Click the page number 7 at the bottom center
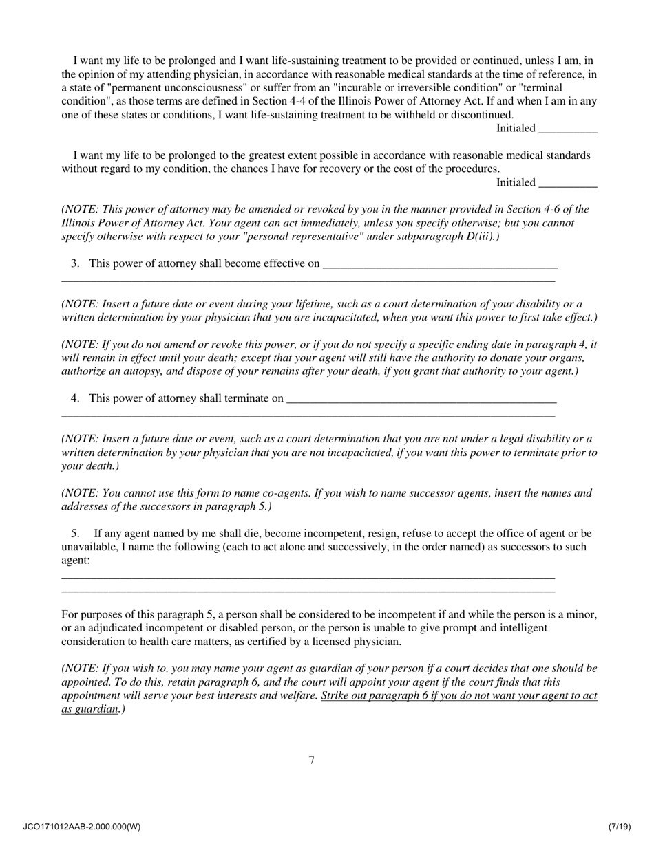click(312, 760)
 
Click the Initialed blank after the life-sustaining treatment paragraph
click(567, 129)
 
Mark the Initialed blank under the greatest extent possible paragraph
click(567, 183)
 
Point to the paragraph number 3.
click(75, 263)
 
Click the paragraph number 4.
click(75, 398)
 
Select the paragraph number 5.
click(75, 534)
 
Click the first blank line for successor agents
click(308, 576)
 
